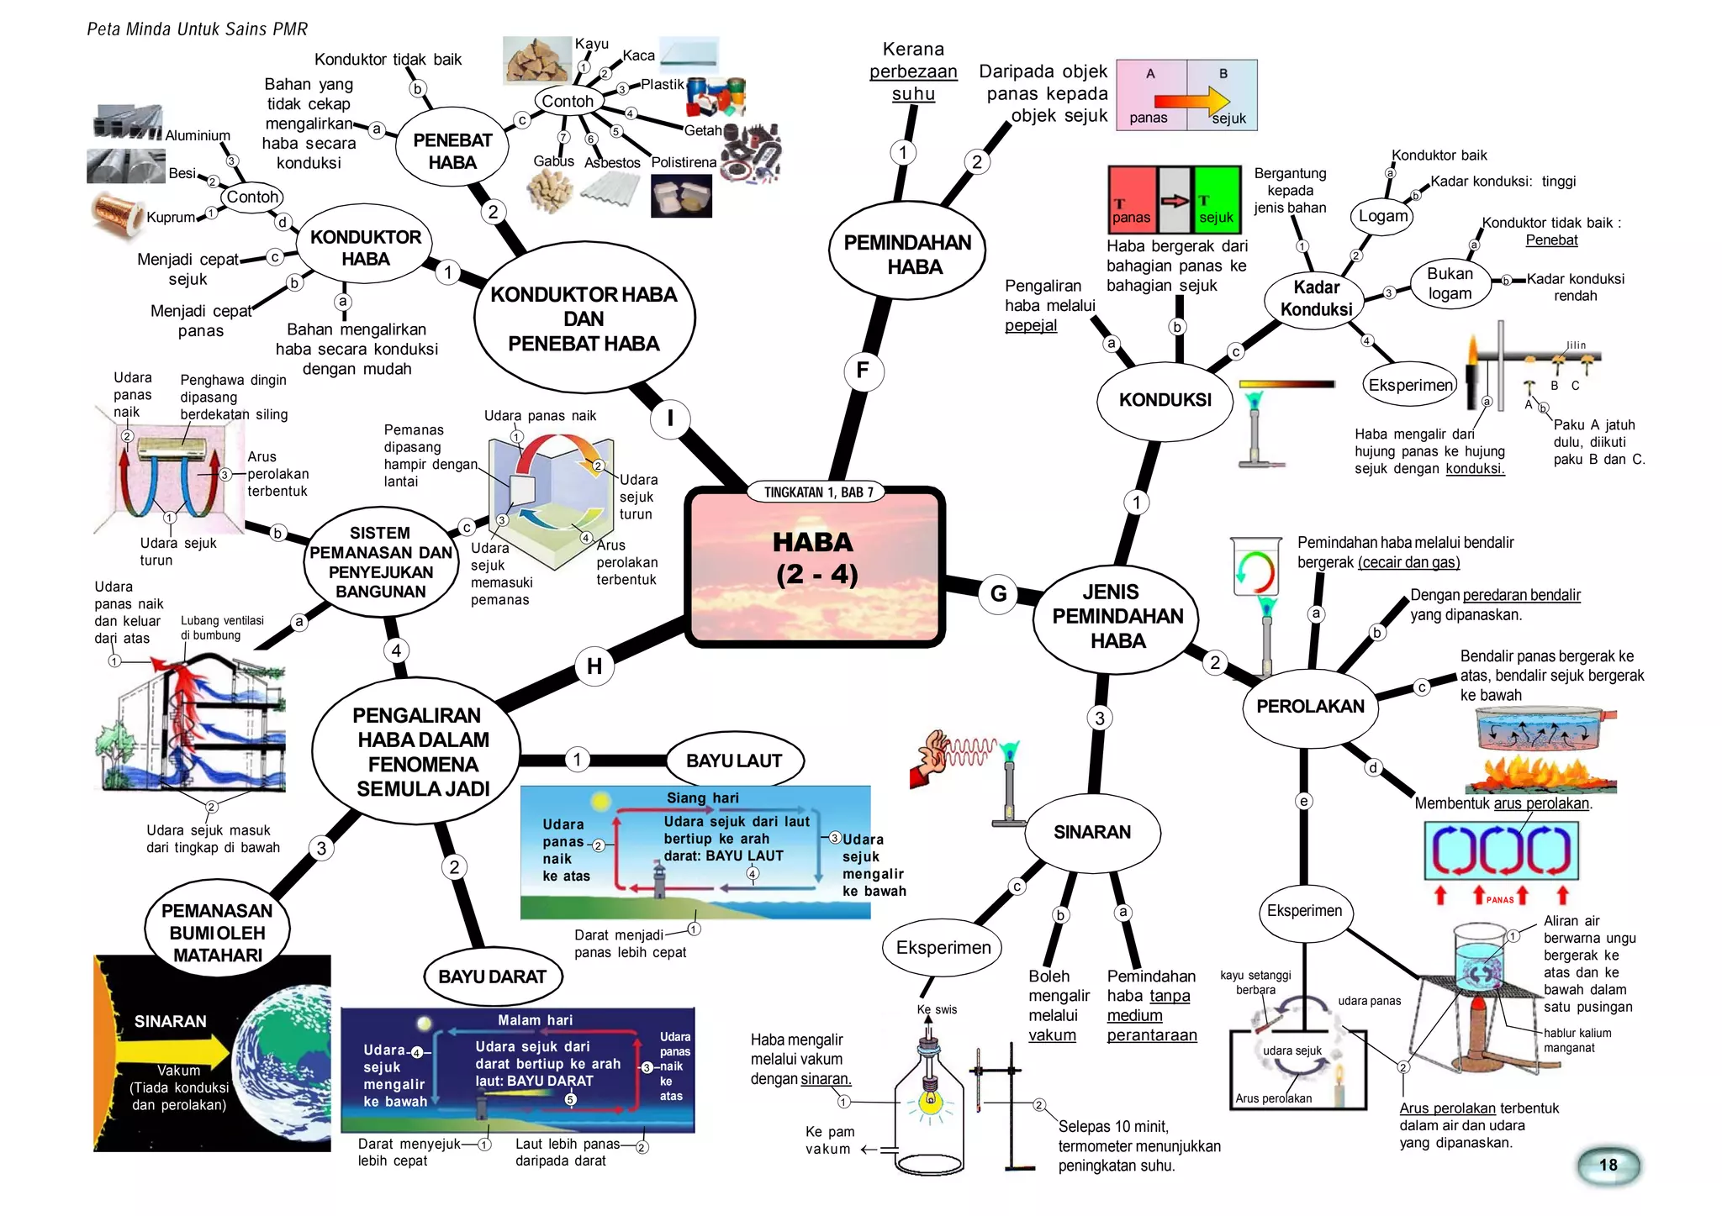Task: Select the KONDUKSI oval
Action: click(1165, 400)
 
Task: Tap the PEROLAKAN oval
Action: click(1309, 707)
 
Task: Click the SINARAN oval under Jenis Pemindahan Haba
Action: click(1091, 832)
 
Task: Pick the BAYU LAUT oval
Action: click(733, 761)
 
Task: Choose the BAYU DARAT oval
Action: click(492, 976)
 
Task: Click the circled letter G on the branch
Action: click(998, 593)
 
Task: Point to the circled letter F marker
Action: click(863, 371)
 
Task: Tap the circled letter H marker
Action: click(594, 666)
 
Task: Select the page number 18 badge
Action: click(1608, 1165)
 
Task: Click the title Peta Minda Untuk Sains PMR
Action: click(197, 29)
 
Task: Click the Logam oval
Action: click(1381, 216)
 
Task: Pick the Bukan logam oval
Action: click(1450, 284)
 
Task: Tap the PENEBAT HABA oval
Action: click(452, 151)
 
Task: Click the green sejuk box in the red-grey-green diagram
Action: click(1217, 200)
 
